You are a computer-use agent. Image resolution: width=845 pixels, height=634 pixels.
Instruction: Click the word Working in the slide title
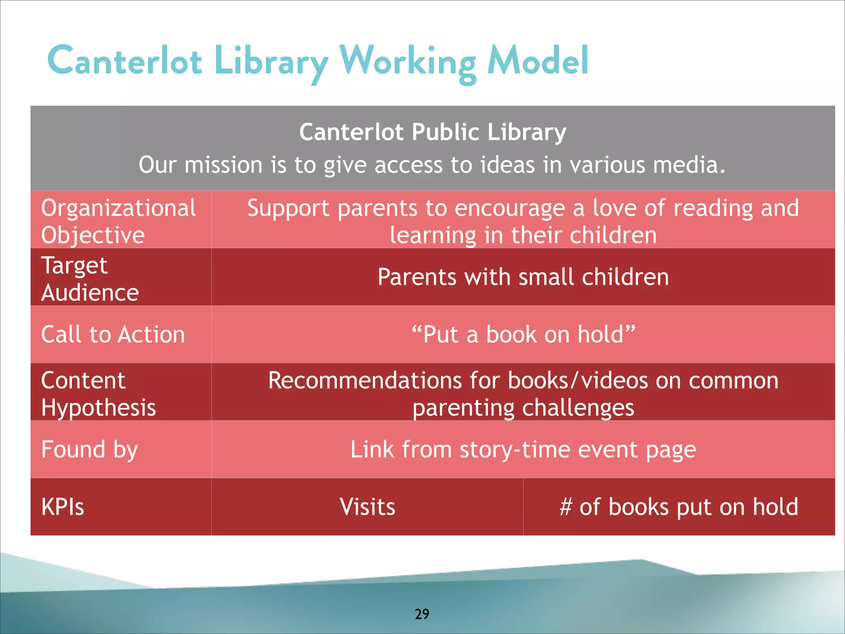tap(408, 62)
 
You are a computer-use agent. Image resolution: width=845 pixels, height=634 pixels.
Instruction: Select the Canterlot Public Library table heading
tap(432, 132)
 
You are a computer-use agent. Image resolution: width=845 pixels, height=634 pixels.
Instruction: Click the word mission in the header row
tap(223, 165)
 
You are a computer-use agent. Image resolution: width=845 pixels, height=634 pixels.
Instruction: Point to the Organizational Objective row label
tap(118, 221)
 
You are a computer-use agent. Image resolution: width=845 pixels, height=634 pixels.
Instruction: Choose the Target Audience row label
tap(90, 279)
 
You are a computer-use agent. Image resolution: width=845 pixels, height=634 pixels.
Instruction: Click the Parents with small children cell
tap(523, 277)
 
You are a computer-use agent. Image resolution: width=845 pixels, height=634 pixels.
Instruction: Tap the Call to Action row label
tap(113, 334)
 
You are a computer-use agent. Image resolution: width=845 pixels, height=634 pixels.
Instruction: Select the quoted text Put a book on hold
tap(523, 334)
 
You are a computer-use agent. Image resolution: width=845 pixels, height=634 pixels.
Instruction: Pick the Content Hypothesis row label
tap(99, 394)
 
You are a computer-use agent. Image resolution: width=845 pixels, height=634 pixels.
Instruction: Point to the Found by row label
tap(90, 449)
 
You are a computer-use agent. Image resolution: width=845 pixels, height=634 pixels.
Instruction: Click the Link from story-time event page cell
tap(523, 449)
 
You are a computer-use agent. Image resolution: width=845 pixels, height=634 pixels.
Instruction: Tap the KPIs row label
tap(63, 507)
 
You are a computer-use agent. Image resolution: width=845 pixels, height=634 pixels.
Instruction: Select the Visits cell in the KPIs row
tap(367, 507)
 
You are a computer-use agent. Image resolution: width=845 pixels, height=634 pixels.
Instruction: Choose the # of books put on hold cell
tap(679, 507)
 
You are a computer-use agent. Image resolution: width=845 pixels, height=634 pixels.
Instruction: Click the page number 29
tap(422, 614)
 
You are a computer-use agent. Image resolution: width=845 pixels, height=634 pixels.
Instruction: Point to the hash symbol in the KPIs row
tap(566, 507)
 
